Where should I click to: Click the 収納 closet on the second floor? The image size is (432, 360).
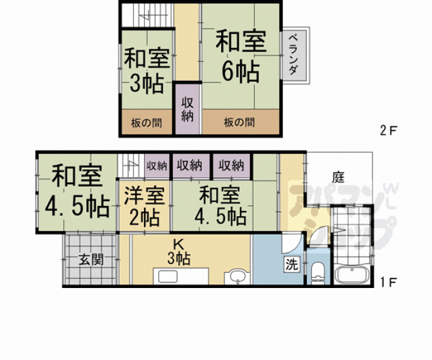[187, 109]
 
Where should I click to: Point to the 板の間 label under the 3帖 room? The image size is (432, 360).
[147, 123]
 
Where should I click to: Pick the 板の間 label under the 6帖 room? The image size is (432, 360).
[240, 123]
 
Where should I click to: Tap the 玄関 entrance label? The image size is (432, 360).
[91, 259]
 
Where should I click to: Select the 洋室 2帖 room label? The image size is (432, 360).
[145, 207]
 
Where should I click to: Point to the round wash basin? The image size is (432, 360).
[237, 276]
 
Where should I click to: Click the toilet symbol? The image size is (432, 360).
[318, 273]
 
